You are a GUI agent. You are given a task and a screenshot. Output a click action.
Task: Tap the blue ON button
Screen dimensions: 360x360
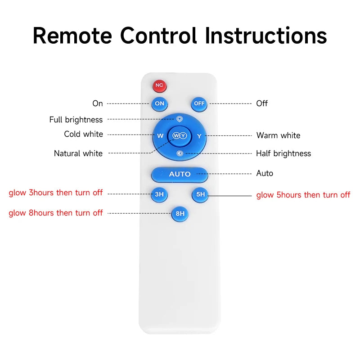[x=159, y=103]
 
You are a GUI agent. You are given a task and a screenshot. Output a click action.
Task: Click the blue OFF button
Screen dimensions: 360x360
[x=199, y=103]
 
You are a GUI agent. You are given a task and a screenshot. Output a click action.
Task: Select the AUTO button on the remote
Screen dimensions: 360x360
[x=180, y=174]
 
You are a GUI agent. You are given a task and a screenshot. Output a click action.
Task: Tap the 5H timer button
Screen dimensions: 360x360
[x=200, y=194]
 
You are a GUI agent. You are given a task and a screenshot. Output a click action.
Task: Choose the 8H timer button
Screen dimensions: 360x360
[x=180, y=214]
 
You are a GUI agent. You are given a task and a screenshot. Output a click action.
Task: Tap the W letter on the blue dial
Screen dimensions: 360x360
[x=160, y=135]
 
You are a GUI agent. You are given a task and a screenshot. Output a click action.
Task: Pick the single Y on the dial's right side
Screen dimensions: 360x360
[x=199, y=135]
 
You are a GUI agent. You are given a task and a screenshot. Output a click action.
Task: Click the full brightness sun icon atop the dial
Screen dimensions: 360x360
[x=179, y=119]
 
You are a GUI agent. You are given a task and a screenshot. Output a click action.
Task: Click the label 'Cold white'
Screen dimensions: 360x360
[x=83, y=134]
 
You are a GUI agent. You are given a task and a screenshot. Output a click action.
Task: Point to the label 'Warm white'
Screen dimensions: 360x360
[x=278, y=135]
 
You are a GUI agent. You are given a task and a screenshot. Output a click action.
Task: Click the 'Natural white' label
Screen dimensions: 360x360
[x=78, y=153]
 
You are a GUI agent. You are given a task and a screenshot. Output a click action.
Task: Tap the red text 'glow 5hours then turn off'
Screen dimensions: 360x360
[x=303, y=195]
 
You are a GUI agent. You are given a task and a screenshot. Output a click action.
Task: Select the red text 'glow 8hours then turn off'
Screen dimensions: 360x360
[x=56, y=213]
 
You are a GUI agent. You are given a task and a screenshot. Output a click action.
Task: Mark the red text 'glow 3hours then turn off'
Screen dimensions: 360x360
[x=56, y=193]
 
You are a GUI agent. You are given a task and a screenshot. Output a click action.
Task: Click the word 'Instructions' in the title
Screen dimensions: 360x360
[x=266, y=36]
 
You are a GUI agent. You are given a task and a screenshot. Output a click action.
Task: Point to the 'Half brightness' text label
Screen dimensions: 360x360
[x=283, y=153]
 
